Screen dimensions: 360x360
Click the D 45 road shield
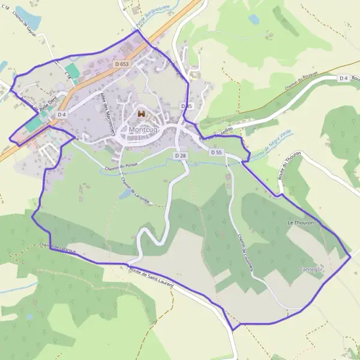point(187,106)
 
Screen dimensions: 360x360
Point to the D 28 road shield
point(181,155)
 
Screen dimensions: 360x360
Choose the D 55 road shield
point(217,152)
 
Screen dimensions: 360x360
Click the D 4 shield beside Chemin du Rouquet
point(343,78)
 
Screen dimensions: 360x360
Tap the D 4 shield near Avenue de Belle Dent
point(61,114)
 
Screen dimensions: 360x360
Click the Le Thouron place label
point(299,223)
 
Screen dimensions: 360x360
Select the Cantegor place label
point(311,269)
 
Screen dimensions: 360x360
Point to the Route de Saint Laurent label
point(151,276)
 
